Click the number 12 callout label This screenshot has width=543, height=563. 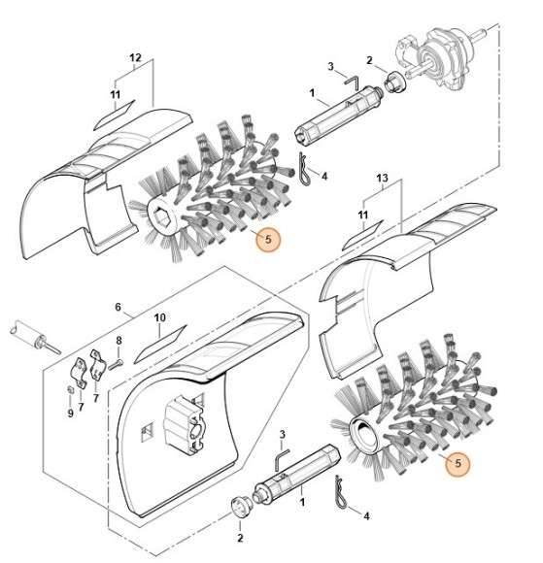tap(135, 58)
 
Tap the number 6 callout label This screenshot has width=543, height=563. tap(119, 307)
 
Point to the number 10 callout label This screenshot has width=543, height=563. tap(160, 317)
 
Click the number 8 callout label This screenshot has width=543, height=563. tap(119, 341)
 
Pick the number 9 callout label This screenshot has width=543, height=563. tap(69, 412)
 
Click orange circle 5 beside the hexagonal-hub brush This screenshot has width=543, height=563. tap(268, 240)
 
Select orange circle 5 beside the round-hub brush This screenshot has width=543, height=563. tap(458, 465)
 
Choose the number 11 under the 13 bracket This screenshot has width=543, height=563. tap(362, 214)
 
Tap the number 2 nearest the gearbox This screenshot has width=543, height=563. tap(370, 60)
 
